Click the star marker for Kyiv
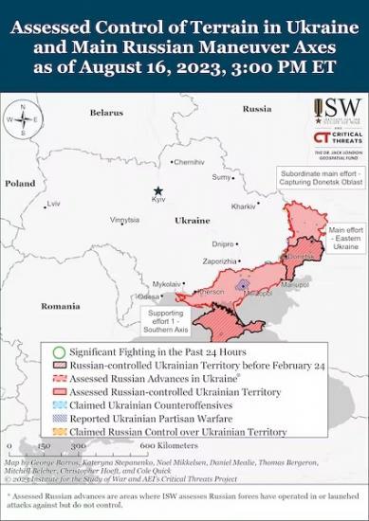[x=158, y=190]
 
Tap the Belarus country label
[x=106, y=113]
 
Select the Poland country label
[x=20, y=183]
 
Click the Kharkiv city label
[x=244, y=206]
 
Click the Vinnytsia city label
[x=124, y=220]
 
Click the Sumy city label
[x=221, y=177]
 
